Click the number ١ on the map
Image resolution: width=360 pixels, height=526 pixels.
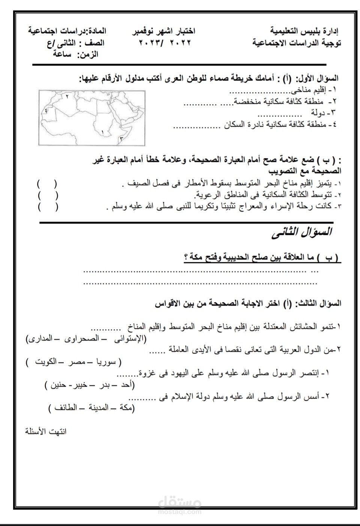pos(102,132)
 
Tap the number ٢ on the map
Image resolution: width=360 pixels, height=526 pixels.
pos(67,96)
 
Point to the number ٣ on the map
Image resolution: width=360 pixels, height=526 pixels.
pos(121,138)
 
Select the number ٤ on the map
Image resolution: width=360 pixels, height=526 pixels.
pos(46,110)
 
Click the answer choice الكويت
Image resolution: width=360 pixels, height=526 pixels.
pos(45,362)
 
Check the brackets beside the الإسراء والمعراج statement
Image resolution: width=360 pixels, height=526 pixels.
pos(47,207)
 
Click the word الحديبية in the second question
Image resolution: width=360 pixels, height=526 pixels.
pos(239,258)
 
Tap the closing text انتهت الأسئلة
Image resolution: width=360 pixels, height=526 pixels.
pos(46,431)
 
